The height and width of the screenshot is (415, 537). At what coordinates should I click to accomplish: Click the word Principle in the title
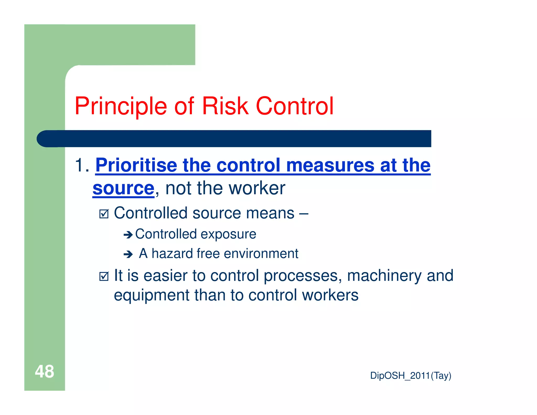tap(121, 106)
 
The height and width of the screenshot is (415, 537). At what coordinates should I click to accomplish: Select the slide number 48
tap(44, 371)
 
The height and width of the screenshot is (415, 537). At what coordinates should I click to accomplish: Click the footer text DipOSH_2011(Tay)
tap(410, 376)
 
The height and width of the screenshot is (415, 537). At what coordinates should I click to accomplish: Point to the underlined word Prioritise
tap(136, 165)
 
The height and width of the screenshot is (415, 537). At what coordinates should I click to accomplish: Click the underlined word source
tap(123, 188)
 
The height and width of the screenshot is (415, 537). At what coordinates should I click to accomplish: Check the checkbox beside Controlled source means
tap(104, 214)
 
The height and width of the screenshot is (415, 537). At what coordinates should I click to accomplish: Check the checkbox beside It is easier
tap(104, 276)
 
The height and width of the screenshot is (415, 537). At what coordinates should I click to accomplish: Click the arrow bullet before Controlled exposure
tap(128, 235)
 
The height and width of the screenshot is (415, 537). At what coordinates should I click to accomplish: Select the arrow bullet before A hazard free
tap(128, 254)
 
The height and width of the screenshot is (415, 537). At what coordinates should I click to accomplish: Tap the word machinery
tap(384, 276)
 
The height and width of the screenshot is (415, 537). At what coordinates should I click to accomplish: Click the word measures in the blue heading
tap(330, 165)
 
